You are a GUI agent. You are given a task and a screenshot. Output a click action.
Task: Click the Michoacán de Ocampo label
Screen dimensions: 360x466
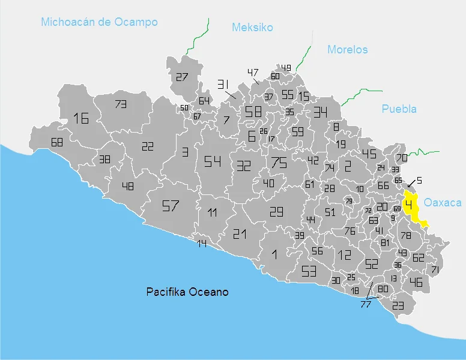tap(99, 22)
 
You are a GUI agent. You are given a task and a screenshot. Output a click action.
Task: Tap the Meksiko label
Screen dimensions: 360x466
tap(252, 28)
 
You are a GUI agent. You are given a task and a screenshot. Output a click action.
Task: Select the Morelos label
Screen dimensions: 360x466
tap(347, 50)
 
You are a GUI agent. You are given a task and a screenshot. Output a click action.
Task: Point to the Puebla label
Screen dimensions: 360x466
tap(399, 109)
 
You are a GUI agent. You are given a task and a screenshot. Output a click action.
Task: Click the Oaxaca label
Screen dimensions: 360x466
tap(443, 203)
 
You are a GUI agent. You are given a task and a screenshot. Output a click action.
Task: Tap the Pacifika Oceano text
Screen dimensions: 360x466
tap(187, 292)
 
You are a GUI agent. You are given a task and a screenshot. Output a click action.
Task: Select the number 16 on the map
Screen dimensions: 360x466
tap(80, 118)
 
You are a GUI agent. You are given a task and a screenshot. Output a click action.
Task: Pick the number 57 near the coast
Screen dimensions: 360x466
tap(171, 206)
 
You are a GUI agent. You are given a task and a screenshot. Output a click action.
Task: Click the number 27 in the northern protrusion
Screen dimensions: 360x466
tap(182, 77)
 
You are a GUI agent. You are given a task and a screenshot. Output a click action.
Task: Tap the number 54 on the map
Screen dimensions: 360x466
tap(212, 161)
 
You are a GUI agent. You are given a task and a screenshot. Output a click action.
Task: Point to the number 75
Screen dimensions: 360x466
tap(279, 163)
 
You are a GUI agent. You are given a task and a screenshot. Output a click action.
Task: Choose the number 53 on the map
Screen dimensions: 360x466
tap(309, 271)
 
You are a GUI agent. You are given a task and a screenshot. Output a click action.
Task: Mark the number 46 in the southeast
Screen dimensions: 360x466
tap(416, 283)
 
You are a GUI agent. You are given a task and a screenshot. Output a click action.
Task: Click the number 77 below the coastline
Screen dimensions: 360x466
tap(366, 304)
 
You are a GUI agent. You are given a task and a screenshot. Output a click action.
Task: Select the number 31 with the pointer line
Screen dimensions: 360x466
tap(224, 84)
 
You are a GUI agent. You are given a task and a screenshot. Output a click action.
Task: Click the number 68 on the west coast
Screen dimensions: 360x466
tap(57, 143)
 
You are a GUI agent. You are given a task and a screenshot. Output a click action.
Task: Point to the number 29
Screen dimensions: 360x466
tap(276, 211)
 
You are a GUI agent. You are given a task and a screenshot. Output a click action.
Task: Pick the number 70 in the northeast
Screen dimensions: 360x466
tap(401, 158)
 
